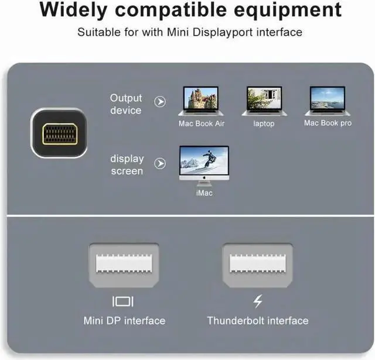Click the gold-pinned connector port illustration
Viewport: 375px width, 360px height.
tap(59, 133)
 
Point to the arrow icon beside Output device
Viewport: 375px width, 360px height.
tap(160, 102)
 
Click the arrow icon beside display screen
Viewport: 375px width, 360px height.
tap(160, 164)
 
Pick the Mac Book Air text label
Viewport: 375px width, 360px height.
tap(202, 124)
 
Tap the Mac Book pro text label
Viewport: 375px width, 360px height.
tap(328, 123)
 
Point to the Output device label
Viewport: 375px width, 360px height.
tap(126, 104)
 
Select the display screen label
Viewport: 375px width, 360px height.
tap(127, 164)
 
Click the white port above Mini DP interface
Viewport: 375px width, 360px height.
tap(123, 263)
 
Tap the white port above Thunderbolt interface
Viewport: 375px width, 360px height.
tap(257, 263)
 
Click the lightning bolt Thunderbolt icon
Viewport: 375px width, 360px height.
tap(257, 301)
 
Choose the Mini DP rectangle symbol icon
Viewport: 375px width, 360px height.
tap(123, 301)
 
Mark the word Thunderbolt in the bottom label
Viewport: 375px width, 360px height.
tap(235, 320)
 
